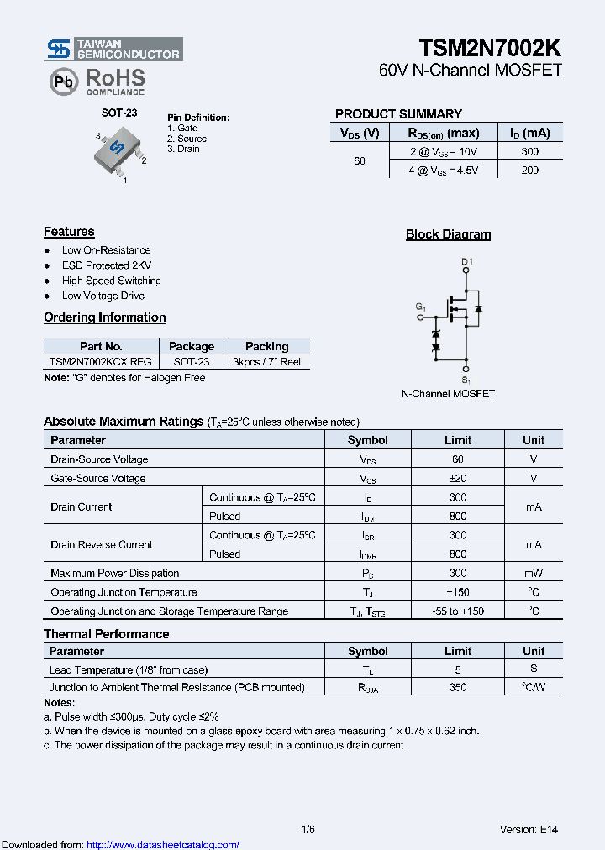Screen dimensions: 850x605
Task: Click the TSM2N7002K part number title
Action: (x=490, y=47)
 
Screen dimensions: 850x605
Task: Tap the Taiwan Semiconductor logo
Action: (x=113, y=49)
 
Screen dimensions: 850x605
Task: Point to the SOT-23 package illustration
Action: (x=118, y=151)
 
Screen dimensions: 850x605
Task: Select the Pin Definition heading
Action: (x=197, y=118)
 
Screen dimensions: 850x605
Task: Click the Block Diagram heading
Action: (x=448, y=234)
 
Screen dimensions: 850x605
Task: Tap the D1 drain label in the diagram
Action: (x=467, y=262)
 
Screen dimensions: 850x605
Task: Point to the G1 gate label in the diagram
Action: (x=421, y=307)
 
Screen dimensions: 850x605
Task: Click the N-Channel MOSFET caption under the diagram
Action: (x=448, y=393)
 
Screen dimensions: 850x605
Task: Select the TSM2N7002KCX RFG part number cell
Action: (x=101, y=362)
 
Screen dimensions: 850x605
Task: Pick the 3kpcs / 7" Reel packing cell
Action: (x=266, y=362)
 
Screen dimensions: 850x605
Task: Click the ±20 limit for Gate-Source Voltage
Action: (x=458, y=478)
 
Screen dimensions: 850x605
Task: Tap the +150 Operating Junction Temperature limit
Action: (x=458, y=592)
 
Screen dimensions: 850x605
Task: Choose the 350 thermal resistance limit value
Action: (x=458, y=687)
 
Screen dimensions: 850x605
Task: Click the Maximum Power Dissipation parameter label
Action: (x=115, y=573)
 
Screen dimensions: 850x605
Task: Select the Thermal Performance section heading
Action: (x=106, y=634)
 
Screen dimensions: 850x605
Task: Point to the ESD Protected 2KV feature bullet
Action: (x=107, y=265)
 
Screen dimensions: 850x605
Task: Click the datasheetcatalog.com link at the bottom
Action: (x=163, y=845)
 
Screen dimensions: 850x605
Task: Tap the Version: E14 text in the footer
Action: (x=529, y=830)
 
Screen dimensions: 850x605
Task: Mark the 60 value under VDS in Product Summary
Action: (x=360, y=160)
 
